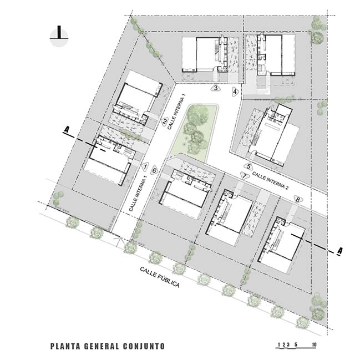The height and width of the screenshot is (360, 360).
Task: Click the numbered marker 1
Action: [x=145, y=166]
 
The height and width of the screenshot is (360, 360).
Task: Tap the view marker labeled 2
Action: [x=164, y=121]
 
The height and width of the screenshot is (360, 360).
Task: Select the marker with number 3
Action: [x=216, y=88]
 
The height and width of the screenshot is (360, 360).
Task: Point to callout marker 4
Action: [x=235, y=92]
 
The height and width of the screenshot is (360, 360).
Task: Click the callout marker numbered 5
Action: [x=249, y=166]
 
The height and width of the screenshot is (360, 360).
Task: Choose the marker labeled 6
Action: [x=155, y=171]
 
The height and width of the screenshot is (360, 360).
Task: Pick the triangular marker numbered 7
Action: [x=245, y=176]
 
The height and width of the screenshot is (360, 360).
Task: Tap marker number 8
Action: [x=298, y=200]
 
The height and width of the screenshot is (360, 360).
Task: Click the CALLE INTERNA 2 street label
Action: [x=270, y=181]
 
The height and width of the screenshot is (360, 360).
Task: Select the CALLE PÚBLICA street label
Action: [x=160, y=277]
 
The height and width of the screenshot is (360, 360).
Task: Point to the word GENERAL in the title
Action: [x=102, y=346]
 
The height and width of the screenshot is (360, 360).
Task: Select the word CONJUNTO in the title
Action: [x=144, y=346]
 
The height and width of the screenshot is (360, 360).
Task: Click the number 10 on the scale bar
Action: [x=314, y=344]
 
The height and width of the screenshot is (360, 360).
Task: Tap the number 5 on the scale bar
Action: [x=296, y=344]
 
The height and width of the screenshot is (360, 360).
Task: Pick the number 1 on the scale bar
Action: [x=279, y=344]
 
